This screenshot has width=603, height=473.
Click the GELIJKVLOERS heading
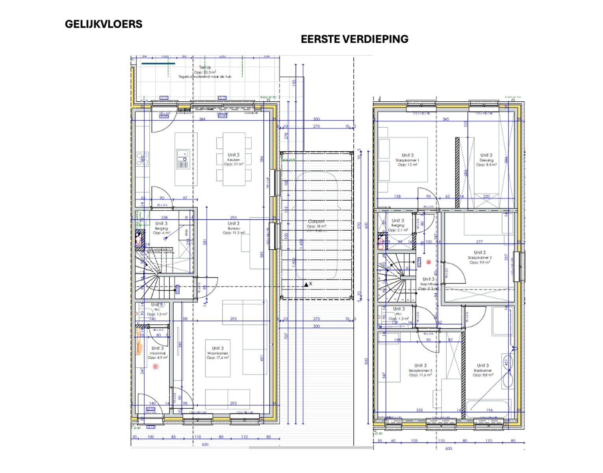pyautogui.click(x=104, y=24)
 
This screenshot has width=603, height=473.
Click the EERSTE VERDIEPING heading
pyautogui.click(x=354, y=39)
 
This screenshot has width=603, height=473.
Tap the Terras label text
pyautogui.click(x=205, y=67)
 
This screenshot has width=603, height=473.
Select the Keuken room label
pyautogui.click(x=233, y=160)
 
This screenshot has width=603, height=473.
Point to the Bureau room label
pyautogui.click(x=233, y=228)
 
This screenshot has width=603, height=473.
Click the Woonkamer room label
pyautogui.click(x=217, y=353)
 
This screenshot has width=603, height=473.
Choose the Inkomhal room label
pyautogui.click(x=157, y=353)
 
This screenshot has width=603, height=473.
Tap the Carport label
pyautogui.click(x=316, y=222)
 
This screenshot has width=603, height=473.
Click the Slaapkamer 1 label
pyautogui.click(x=407, y=160)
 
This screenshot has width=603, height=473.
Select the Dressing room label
pyautogui.click(x=486, y=160)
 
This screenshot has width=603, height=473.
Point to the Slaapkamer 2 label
pyautogui.click(x=479, y=257)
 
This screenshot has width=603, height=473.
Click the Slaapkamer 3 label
pyautogui.click(x=420, y=370)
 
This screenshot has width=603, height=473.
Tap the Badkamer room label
pyautogui.click(x=482, y=370)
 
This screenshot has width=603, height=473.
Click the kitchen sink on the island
pyautogui.click(x=182, y=154)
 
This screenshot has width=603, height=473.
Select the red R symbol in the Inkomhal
pyautogui.click(x=155, y=367)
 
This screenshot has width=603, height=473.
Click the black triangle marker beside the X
pyautogui.click(x=306, y=284)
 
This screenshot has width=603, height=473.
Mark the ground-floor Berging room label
pyautogui.click(x=161, y=228)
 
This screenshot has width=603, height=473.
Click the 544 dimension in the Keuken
pyautogui.click(x=202, y=119)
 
